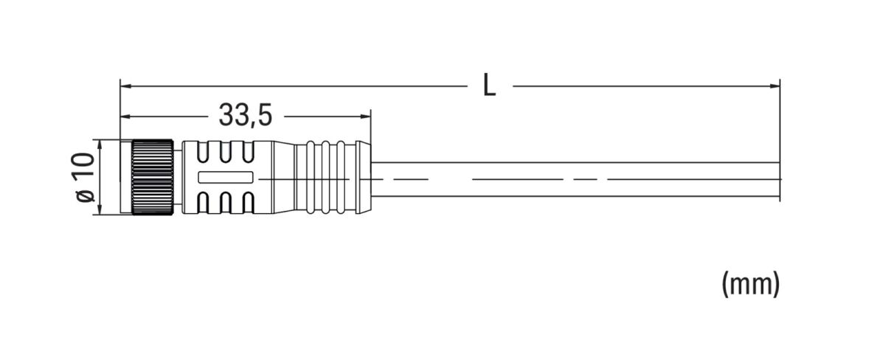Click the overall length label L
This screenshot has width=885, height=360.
tap(489, 86)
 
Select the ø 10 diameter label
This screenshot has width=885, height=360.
tap(86, 177)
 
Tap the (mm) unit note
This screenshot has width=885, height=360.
tap(750, 283)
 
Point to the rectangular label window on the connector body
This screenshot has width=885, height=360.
tap(226, 178)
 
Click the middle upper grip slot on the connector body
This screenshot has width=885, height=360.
tap(226, 152)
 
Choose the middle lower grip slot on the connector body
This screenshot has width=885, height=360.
tap(226, 204)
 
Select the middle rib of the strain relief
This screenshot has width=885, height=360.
tap(324, 178)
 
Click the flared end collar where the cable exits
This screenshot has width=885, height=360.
tap(362, 178)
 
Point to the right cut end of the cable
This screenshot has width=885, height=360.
tap(779, 179)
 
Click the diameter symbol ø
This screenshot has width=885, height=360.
tap(86, 195)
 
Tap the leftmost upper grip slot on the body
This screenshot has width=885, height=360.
tap(204, 152)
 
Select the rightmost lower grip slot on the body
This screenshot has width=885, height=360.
tap(249, 204)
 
